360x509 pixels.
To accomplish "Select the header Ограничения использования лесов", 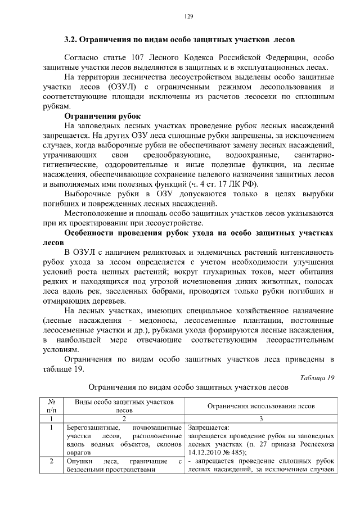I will pyautogui.click(x=260, y=406).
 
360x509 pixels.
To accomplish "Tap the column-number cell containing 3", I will pyautogui.click(x=260, y=418).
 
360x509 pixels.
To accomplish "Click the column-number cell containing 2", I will pyautogui.click(x=123, y=418).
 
